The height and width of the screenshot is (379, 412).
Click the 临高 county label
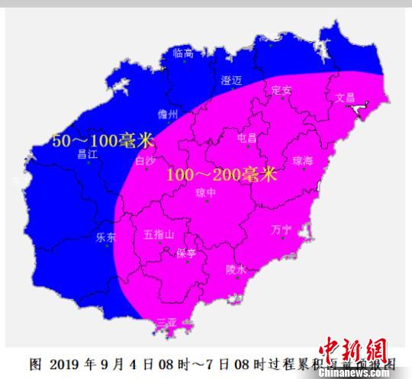tap(184, 53)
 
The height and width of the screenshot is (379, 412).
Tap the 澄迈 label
tap(231, 80)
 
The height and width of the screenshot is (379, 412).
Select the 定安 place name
tap(282, 90)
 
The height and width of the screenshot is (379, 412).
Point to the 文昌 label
tap(346, 98)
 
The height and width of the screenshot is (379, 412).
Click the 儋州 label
tap(167, 114)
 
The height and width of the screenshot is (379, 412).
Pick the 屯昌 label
tap(247, 139)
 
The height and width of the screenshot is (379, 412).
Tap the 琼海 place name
tap(303, 161)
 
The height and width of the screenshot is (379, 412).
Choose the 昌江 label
tap(89, 153)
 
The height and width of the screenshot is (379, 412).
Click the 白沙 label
tap(145, 161)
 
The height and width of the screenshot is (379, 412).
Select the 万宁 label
tap(282, 229)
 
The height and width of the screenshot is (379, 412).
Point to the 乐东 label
tap(105, 237)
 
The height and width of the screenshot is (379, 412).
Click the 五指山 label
tap(159, 234)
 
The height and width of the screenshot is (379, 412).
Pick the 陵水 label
tap(237, 269)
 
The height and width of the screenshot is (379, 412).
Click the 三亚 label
tap(166, 323)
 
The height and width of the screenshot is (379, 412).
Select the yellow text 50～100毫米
tap(102, 140)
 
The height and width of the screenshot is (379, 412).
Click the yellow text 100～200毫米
tap(220, 175)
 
